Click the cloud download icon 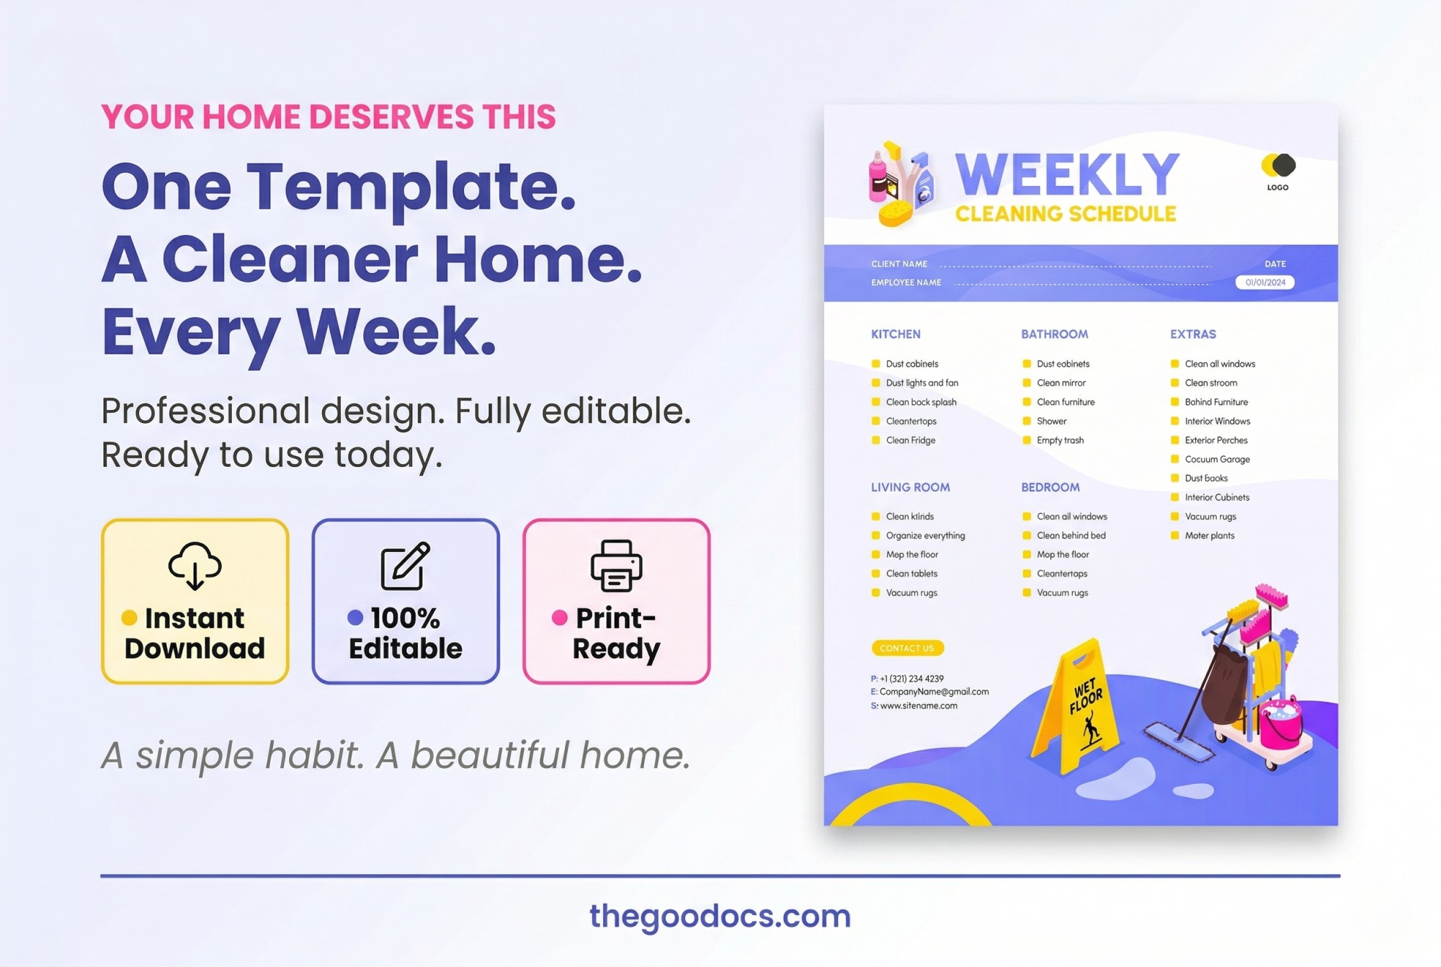195,566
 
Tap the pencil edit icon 405,566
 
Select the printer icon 616,566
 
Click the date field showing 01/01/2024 1264,282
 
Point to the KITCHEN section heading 896,334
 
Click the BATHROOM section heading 1054,334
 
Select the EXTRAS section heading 1192,334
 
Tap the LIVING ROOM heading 910,487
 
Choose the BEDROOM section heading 1050,487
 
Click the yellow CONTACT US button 907,648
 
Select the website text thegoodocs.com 720,916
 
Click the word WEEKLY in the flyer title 1067,175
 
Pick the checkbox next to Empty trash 1027,440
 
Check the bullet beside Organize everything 875,535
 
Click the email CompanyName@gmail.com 934,692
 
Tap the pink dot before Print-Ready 560,618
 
